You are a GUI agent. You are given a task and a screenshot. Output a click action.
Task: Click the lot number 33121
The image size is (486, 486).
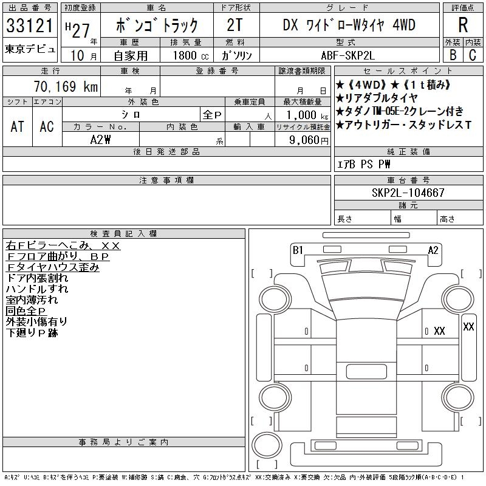(30, 26)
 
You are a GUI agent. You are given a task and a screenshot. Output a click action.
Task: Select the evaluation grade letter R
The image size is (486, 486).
(463, 26)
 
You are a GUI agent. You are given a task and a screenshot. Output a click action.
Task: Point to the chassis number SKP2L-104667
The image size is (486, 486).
(408, 193)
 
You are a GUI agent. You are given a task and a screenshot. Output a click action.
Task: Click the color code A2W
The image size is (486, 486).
(100, 139)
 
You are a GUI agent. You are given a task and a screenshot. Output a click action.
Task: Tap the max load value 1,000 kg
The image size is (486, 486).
(304, 114)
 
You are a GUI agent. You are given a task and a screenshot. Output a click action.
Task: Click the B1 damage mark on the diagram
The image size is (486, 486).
(298, 250)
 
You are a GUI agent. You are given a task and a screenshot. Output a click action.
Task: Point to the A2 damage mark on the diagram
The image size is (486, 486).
(433, 250)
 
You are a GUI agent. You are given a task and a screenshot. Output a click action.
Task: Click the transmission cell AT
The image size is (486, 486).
(18, 126)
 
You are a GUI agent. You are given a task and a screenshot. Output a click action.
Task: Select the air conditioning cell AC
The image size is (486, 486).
(47, 126)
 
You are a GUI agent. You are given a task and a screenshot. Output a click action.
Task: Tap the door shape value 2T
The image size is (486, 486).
(236, 26)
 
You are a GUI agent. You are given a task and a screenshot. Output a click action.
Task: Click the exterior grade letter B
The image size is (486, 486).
(452, 55)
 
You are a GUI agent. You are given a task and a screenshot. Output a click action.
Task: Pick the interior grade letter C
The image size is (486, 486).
(472, 55)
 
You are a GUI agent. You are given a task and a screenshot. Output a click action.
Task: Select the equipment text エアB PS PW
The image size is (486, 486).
(364, 164)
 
